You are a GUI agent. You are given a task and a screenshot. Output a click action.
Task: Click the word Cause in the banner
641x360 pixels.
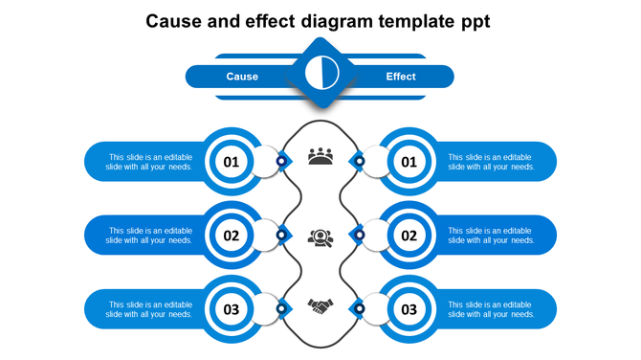[x=242, y=77]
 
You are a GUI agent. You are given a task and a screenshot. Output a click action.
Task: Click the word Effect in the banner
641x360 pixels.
[x=401, y=77]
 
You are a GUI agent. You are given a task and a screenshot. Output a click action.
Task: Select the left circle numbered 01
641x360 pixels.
[x=232, y=162]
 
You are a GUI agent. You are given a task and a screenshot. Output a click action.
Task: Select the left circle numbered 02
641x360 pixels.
[x=232, y=236]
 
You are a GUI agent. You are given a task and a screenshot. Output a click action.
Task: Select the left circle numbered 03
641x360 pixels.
[x=232, y=309]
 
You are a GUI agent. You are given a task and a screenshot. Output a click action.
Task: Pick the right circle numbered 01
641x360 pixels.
[x=409, y=162]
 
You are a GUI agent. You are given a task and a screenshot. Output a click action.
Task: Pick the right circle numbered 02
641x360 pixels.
[x=409, y=236]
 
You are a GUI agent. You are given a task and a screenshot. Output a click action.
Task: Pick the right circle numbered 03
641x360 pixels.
[x=409, y=309]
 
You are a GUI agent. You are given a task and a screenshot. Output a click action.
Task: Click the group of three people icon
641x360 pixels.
[x=320, y=156]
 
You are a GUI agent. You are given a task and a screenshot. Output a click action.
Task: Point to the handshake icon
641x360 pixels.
[x=320, y=306]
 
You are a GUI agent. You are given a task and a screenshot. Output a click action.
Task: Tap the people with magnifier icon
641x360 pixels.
[x=320, y=236]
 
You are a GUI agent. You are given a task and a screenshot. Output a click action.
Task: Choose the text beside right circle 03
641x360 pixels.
[x=492, y=309]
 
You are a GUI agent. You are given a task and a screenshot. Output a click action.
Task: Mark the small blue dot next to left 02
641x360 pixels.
[x=281, y=235]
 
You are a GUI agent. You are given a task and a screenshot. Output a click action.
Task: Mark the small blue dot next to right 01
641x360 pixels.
[x=359, y=161]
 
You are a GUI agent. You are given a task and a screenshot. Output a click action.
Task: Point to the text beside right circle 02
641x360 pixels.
[x=492, y=236]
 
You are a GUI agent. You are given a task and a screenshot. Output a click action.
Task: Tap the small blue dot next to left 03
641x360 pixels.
[x=281, y=308]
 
